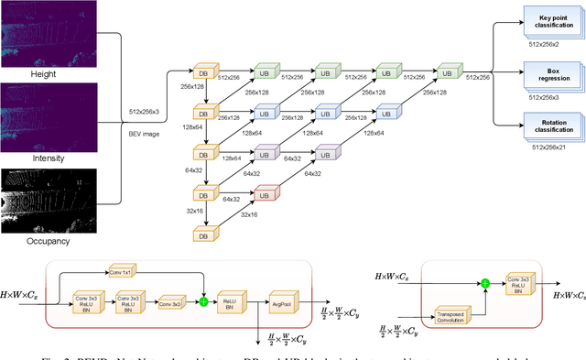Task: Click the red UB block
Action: point(264,194)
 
